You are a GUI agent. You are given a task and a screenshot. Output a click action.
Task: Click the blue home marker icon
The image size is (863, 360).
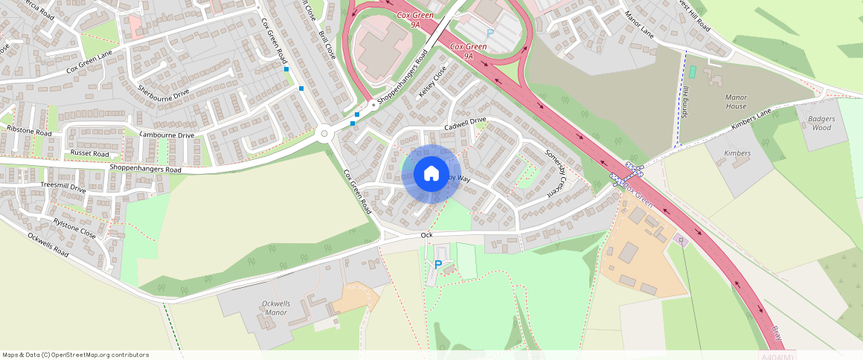431,174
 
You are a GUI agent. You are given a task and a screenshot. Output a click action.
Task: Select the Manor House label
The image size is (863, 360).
735,101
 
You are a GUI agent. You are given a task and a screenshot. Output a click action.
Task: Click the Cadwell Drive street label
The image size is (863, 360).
465,124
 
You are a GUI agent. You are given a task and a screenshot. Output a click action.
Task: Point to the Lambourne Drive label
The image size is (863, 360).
167,135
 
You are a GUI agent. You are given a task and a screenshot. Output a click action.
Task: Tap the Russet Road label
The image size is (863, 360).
89,153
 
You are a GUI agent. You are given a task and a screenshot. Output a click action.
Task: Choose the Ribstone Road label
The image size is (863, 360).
28,130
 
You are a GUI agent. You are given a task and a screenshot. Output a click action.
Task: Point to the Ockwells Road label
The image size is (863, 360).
48,244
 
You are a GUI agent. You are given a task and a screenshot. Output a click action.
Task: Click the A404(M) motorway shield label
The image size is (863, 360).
778,356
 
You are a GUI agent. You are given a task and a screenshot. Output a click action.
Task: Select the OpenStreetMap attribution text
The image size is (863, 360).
75,355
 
